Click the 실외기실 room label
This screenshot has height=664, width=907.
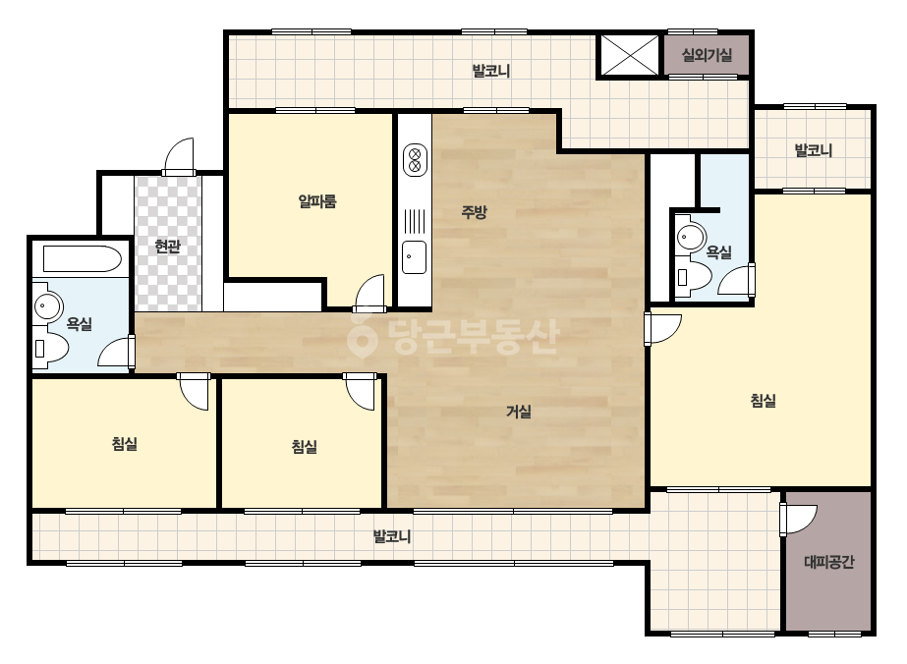(707, 56)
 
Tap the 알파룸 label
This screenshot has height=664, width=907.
(317, 201)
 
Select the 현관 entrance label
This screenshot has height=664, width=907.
(168, 247)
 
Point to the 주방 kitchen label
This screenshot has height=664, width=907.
(474, 212)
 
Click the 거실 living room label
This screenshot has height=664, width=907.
(518, 412)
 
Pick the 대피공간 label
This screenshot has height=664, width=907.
(829, 562)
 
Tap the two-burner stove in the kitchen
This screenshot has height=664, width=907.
(414, 159)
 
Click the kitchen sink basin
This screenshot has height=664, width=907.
(414, 257)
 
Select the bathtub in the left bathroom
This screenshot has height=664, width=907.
(83, 258)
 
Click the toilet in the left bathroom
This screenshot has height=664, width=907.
(50, 347)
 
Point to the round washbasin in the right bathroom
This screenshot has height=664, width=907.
(690, 236)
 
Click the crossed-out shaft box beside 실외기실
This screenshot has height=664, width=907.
(629, 55)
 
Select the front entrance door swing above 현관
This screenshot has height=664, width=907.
(179, 156)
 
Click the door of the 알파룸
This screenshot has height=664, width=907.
(369, 292)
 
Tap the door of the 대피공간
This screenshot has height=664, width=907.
(798, 520)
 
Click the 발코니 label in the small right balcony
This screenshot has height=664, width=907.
(813, 151)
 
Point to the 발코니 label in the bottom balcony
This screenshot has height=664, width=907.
(392, 536)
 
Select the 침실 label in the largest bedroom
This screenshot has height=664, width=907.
(763, 400)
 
